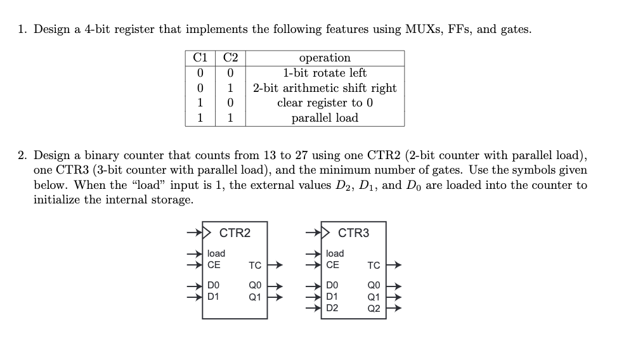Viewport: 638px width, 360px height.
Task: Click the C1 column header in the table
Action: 200,58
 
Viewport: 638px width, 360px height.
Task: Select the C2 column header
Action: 230,58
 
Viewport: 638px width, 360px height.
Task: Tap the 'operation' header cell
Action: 324,58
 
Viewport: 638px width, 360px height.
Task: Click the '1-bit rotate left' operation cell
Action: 324,73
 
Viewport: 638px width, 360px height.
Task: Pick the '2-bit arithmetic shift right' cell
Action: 324,88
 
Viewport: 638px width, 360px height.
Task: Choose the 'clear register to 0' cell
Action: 324,103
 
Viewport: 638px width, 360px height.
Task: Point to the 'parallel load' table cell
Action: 324,118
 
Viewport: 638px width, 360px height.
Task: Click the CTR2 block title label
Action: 235,233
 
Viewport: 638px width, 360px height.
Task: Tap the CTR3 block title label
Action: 353,233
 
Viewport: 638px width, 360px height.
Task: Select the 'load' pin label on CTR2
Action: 216,254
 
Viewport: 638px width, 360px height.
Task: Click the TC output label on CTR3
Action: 374,265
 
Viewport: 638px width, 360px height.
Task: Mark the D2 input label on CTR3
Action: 332,309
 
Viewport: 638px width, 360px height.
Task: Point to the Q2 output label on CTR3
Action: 374,309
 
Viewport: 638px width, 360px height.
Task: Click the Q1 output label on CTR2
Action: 256,296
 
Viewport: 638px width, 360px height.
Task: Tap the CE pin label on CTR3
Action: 332,264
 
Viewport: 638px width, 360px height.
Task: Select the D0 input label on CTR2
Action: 214,286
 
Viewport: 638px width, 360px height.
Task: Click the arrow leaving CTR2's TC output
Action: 275,265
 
